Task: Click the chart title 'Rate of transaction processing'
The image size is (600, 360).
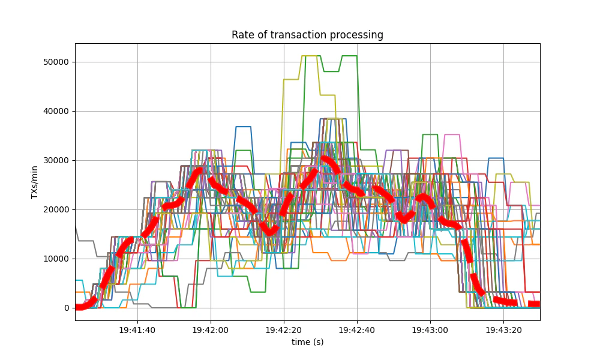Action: click(x=307, y=35)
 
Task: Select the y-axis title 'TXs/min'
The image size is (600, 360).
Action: click(x=35, y=182)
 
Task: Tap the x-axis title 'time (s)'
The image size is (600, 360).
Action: click(x=307, y=342)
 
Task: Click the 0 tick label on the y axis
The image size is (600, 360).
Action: click(x=66, y=308)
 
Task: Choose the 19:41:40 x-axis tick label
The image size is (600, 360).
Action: click(x=137, y=330)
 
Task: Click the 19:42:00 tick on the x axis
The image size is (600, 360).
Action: click(x=211, y=330)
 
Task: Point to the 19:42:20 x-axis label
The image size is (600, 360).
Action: click(x=284, y=330)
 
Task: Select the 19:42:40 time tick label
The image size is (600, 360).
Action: click(x=357, y=330)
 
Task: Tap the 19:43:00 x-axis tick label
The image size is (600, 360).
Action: click(x=430, y=330)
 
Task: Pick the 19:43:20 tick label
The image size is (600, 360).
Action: click(x=503, y=330)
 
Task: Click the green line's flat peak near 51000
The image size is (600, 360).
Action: click(x=349, y=56)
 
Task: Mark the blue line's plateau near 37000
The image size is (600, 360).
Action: click(x=243, y=127)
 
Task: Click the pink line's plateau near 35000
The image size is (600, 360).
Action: click(x=452, y=134)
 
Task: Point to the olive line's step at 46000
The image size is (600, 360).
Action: click(x=291, y=79)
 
